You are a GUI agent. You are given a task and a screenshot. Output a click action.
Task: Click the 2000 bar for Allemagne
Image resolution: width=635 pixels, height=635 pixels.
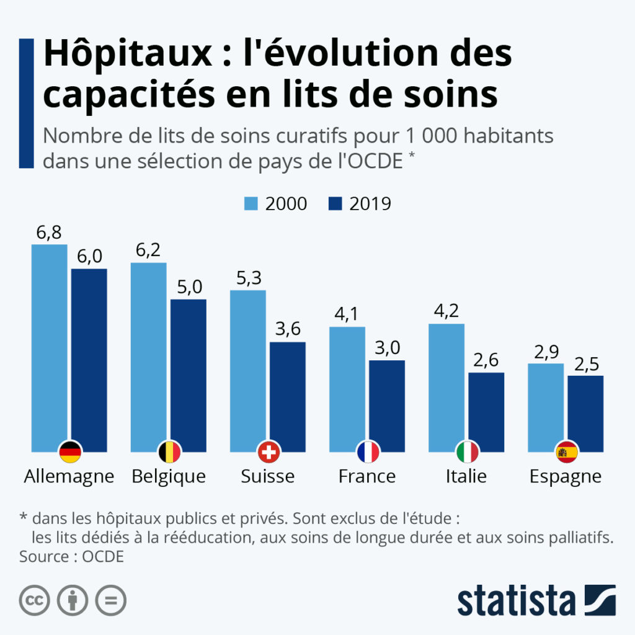click(x=50, y=348)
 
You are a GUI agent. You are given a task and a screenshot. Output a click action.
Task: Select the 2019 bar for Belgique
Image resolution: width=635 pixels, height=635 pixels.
click(x=189, y=375)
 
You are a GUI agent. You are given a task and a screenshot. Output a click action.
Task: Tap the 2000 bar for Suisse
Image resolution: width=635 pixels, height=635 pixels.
click(x=248, y=371)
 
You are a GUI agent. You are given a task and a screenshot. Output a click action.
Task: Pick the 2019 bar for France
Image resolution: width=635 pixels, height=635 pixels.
click(x=387, y=406)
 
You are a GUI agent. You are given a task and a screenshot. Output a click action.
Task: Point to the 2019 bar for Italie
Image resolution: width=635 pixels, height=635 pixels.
click(x=486, y=412)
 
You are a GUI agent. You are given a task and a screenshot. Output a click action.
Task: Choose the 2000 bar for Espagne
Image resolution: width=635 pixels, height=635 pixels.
click(x=546, y=407)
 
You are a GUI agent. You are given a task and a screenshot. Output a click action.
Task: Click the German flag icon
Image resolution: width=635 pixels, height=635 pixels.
click(x=70, y=452)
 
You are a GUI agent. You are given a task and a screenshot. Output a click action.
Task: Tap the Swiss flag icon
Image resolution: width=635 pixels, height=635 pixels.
click(x=269, y=452)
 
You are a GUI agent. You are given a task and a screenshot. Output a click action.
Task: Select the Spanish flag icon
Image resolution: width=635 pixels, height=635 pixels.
click(x=567, y=452)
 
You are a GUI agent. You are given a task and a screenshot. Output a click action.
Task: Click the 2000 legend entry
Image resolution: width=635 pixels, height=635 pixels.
click(x=275, y=203)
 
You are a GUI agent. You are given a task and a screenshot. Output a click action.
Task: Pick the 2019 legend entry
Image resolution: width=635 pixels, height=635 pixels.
click(x=360, y=203)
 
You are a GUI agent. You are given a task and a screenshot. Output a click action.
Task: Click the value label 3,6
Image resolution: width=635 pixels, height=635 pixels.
click(x=288, y=329)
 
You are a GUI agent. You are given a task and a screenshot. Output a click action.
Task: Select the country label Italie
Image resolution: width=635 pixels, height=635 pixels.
click(x=466, y=476)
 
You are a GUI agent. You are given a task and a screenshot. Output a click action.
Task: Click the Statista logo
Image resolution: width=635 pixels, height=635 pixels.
click(x=536, y=600)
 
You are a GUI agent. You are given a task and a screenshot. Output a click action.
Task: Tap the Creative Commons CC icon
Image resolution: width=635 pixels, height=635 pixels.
click(x=35, y=600)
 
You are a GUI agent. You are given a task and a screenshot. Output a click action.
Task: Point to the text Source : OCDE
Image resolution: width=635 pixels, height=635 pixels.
click(x=72, y=557)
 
